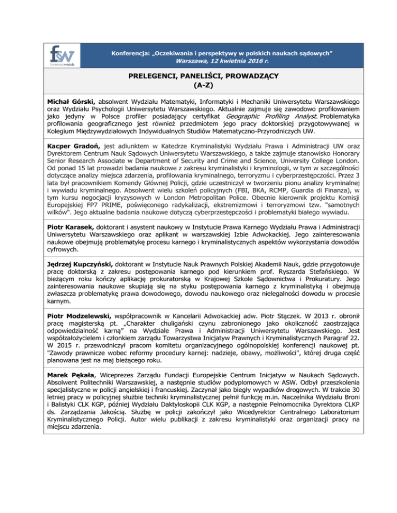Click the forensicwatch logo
coord(62,55)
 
